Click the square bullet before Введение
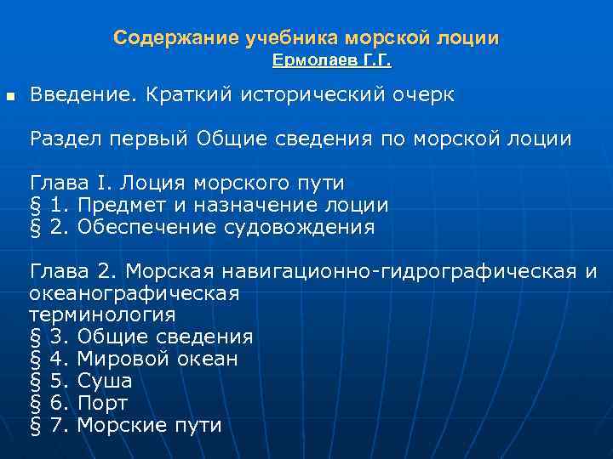tap(10, 95)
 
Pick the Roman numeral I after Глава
tap(104, 183)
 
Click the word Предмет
tap(114, 205)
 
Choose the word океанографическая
tap(135, 293)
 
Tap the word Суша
tap(104, 381)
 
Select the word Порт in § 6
tap(102, 403)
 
